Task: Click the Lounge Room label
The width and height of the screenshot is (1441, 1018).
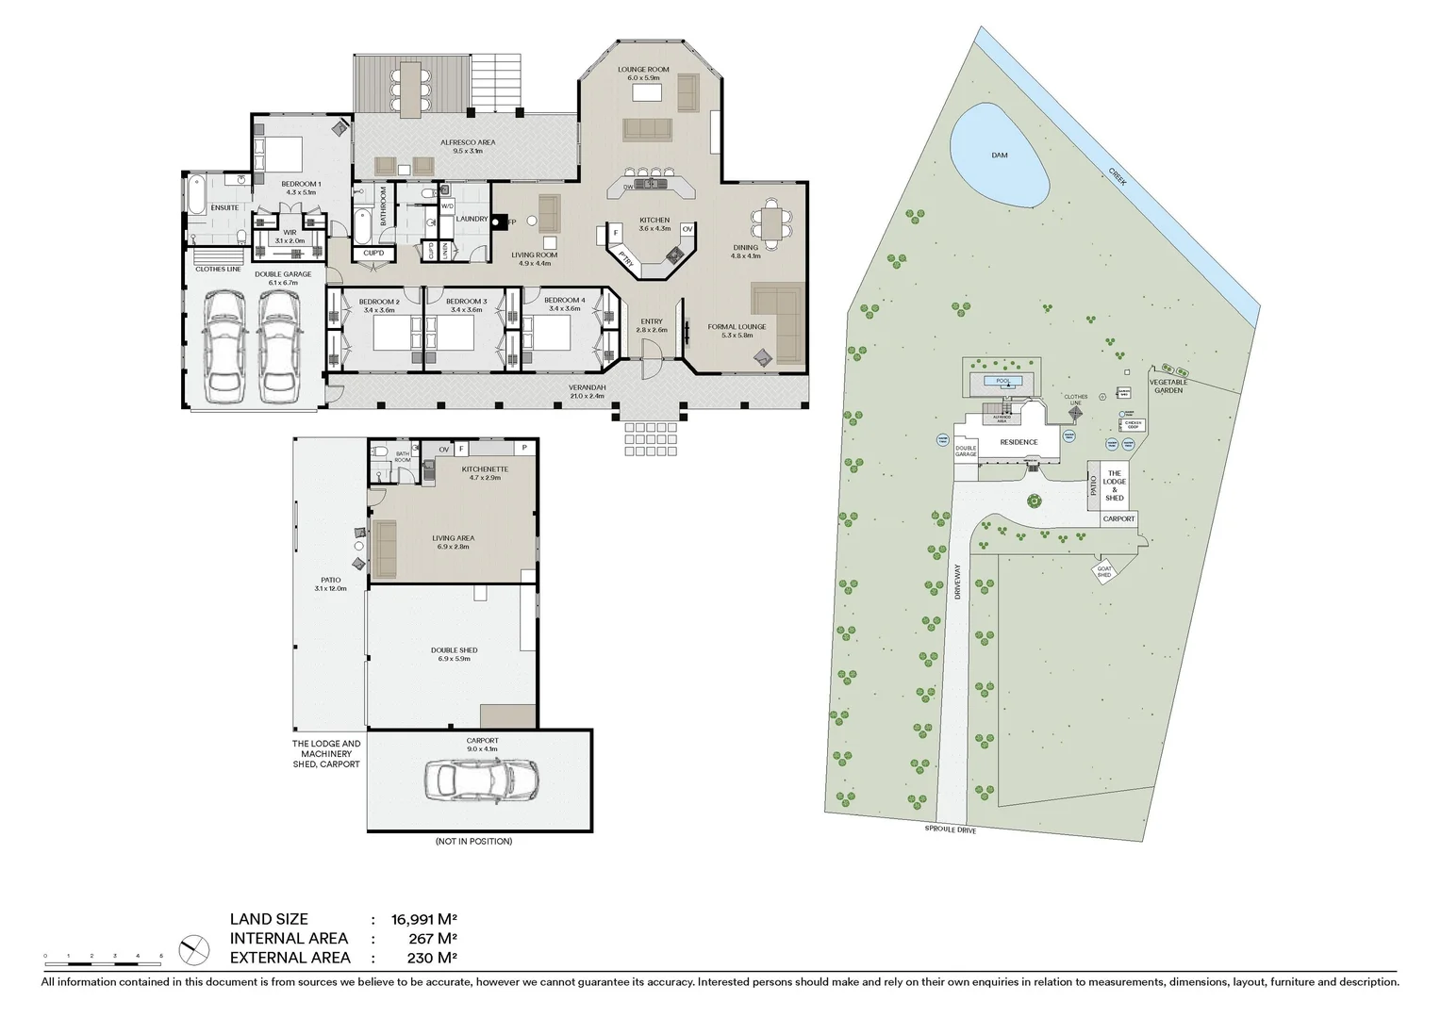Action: point(643,70)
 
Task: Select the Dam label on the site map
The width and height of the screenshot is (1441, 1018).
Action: point(999,156)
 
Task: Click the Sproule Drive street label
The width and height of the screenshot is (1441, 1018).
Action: point(951,830)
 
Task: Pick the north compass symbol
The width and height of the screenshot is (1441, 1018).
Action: point(193,949)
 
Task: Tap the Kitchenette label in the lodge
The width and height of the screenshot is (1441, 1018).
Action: point(485,469)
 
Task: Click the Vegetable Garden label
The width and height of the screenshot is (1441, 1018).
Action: point(1168,386)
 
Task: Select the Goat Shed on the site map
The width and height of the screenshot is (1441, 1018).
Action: point(1104,572)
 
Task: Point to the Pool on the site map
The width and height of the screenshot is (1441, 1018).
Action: point(1002,382)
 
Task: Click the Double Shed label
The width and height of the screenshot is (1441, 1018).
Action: point(454,650)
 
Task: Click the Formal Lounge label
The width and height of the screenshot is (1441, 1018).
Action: point(737,327)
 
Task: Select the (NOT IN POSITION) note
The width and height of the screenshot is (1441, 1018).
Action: point(473,841)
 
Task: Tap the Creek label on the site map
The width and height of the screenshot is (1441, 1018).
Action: point(1118,176)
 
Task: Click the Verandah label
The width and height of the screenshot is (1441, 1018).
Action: point(587,387)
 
